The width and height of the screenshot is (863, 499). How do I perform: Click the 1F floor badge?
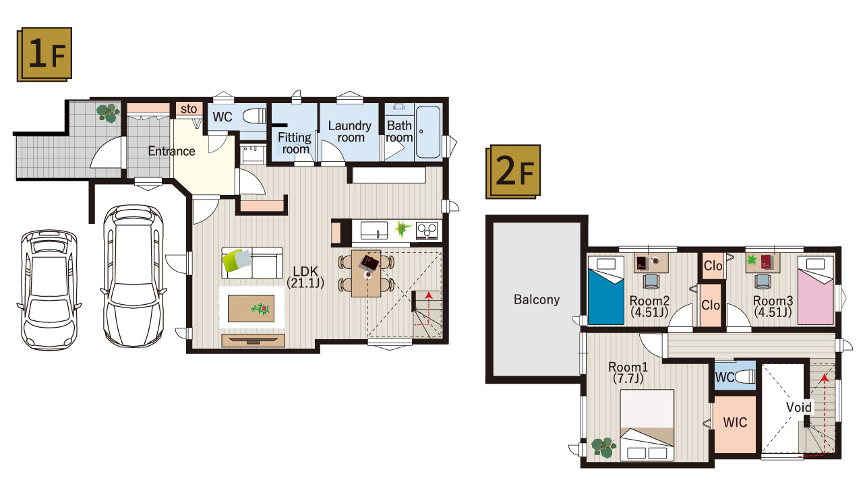coord(44,54)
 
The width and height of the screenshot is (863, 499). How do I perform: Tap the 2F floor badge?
coord(513,171)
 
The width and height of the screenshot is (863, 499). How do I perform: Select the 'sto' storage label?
coord(189,109)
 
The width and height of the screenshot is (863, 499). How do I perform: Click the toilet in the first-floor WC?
coord(254,115)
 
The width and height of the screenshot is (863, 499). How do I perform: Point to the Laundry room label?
coord(350,131)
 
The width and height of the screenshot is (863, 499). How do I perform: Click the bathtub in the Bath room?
coord(428,131)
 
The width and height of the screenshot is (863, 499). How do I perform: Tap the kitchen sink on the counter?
coord(374,231)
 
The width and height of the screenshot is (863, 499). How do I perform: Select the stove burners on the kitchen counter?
coord(427,231)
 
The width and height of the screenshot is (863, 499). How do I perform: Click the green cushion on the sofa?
coord(234,260)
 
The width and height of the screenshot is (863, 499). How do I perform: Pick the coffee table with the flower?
coord(251,308)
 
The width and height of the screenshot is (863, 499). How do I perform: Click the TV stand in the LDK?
coord(253,341)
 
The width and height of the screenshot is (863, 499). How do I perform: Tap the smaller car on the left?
coord(49,290)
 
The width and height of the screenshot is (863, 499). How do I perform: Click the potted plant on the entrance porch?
coord(108,113)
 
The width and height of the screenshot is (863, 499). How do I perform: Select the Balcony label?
coord(537,299)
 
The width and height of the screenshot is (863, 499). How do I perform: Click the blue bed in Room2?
coord(606,291)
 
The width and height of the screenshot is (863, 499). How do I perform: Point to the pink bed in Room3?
coord(816,291)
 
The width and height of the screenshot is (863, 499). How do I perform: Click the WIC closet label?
coord(735,422)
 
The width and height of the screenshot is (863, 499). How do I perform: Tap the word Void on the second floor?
coord(799,407)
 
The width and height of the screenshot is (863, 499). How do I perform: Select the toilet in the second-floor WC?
coord(746,376)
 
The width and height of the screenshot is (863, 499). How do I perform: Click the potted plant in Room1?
coord(603,447)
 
